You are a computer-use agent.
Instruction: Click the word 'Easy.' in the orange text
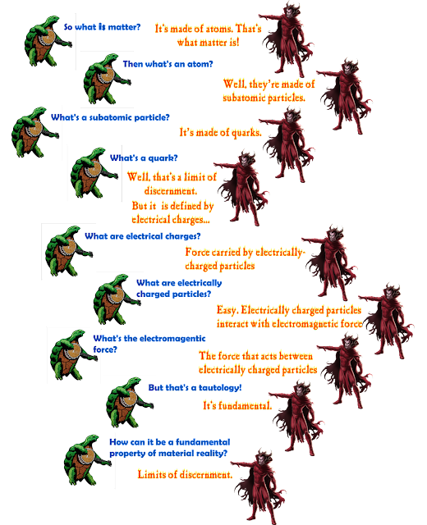tap(227, 310)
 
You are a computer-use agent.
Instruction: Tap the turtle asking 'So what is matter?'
tap(48, 41)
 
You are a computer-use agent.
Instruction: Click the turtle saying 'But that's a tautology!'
tap(130, 403)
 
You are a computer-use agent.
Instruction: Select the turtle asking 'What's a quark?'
tap(94, 173)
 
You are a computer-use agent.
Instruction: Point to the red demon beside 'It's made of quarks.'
tap(287, 144)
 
